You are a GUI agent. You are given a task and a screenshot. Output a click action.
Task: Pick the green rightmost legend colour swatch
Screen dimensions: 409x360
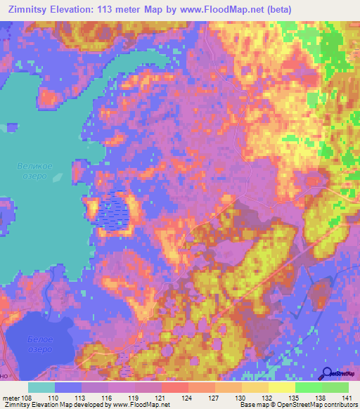point(335,387)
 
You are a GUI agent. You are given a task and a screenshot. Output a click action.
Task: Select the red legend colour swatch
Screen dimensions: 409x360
point(175,387)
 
